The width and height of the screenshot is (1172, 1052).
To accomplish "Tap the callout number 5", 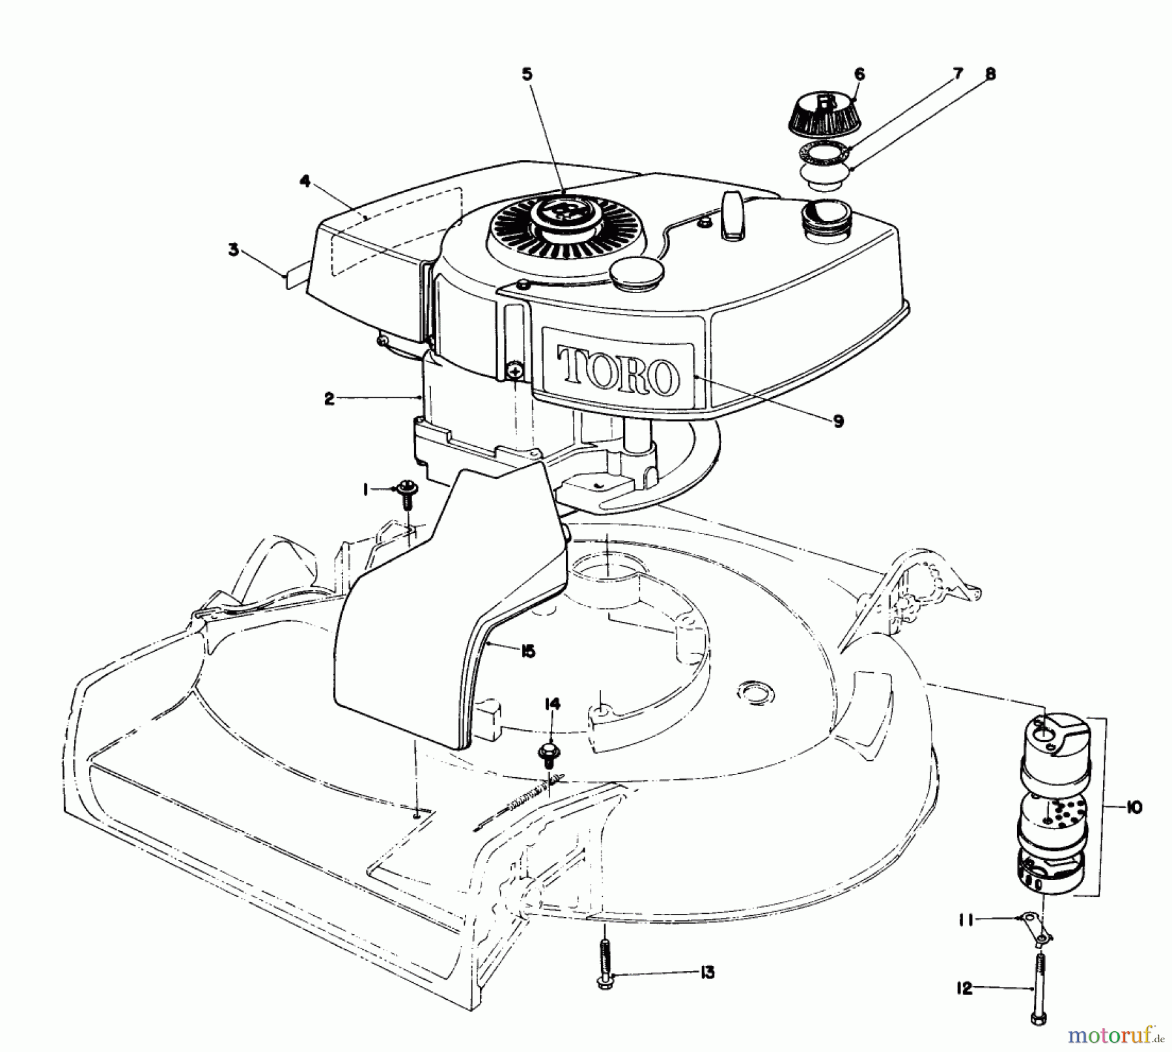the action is [527, 75].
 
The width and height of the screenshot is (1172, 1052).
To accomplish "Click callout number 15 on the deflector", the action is [527, 651].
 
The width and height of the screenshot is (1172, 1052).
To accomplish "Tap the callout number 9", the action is [837, 421].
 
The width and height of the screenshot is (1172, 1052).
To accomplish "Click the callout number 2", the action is [329, 399].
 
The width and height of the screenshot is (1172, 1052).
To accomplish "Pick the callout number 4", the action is [305, 163].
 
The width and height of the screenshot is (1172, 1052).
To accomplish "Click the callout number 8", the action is [990, 75].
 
